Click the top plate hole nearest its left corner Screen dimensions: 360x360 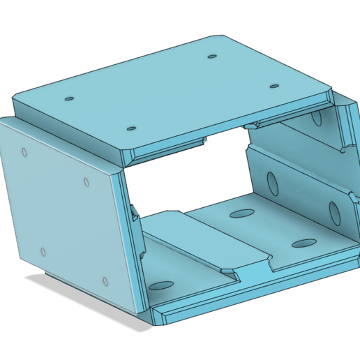(x=68, y=99)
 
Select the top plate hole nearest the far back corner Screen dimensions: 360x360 (x=211, y=56)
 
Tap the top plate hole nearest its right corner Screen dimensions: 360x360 (x=274, y=87)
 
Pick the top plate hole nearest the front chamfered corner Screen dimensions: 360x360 (x=131, y=129)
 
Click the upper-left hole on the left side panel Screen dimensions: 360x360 (x=25, y=151)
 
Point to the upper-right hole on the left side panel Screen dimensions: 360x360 (x=87, y=182)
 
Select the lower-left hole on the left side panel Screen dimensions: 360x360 (x=43, y=252)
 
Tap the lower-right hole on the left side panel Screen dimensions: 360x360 (x=105, y=283)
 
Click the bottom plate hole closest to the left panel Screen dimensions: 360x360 (x=162, y=285)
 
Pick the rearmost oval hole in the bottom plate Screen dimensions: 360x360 (x=241, y=213)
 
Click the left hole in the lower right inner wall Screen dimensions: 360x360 (x=273, y=182)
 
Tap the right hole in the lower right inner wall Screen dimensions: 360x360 (x=333, y=211)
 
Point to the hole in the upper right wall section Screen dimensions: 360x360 (x=317, y=120)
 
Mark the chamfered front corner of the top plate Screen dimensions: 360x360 (x=127, y=156)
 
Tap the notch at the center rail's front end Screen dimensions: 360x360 (x=248, y=269)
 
